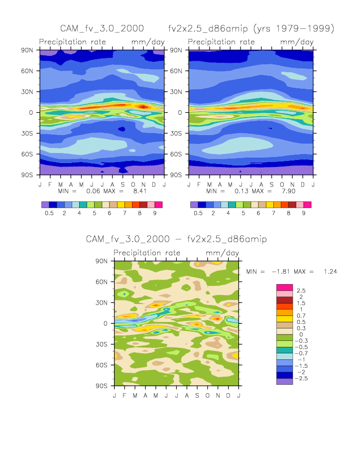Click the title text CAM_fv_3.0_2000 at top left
(x=95, y=28)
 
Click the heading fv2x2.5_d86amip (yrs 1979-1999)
(x=251, y=28)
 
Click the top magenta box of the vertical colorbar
(x=284, y=287)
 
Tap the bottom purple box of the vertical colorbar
(x=284, y=381)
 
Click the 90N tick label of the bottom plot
(x=103, y=261)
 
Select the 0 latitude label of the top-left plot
(x=30, y=113)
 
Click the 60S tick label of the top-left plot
(x=28, y=155)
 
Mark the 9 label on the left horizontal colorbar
(x=155, y=213)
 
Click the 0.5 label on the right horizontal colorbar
(x=198, y=213)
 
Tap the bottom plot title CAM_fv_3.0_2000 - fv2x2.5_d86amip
(x=176, y=239)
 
